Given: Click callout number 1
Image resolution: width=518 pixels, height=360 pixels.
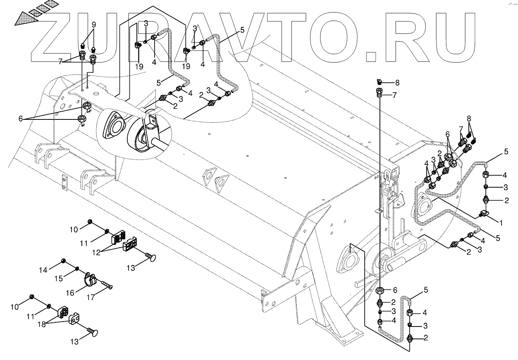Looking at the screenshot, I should [501, 223].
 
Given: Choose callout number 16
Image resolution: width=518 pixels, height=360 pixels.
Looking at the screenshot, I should [70, 293].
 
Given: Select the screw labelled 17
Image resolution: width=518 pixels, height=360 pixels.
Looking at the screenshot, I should [106, 285].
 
